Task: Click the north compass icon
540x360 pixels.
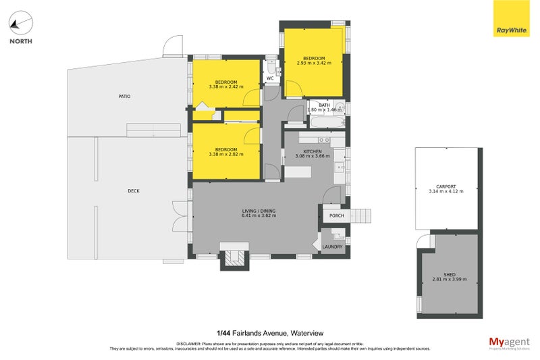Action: tap(20, 26)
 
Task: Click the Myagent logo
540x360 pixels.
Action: tap(510, 342)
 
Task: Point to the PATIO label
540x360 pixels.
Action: tap(124, 97)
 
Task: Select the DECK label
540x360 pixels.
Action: tap(134, 191)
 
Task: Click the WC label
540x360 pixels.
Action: tap(270, 78)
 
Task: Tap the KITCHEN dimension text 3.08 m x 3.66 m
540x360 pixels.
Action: tap(312, 156)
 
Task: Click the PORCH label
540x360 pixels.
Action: tap(336, 216)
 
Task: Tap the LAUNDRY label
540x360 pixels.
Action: tap(333, 247)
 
